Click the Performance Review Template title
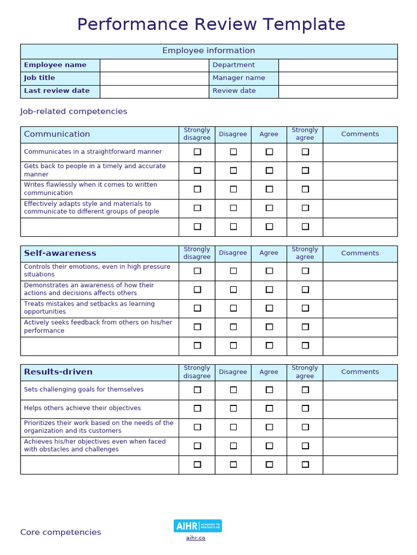coord(211,24)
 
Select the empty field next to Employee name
coord(154,65)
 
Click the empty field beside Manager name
coord(338,78)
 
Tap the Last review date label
coord(57,91)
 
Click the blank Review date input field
coord(338,91)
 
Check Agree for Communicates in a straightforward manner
coord(269,152)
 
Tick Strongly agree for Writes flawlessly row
coord(305,189)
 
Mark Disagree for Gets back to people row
coord(233,170)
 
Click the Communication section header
coord(57,134)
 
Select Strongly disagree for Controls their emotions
coord(197,270)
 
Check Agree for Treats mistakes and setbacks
coord(269,308)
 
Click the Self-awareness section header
coord(60,253)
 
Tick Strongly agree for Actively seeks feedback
coord(305,327)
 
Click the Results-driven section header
coord(58,372)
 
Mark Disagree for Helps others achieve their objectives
coord(233,408)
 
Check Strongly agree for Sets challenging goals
coord(305,390)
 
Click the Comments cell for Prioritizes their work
coord(360,427)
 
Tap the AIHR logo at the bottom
coord(198,526)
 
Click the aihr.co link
coord(195,538)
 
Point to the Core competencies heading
coord(61,532)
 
